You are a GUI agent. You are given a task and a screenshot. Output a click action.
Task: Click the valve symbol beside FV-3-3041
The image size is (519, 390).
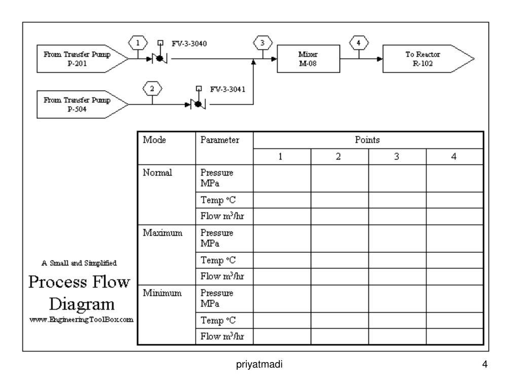click(x=197, y=105)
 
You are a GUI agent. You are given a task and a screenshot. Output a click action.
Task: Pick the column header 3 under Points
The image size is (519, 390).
click(x=397, y=157)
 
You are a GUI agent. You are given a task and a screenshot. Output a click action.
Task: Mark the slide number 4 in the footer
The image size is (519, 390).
click(x=485, y=364)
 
